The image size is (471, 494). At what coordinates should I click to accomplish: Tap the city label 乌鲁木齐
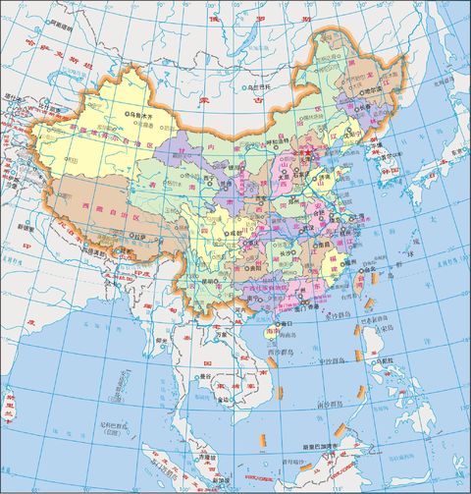[146, 115]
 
